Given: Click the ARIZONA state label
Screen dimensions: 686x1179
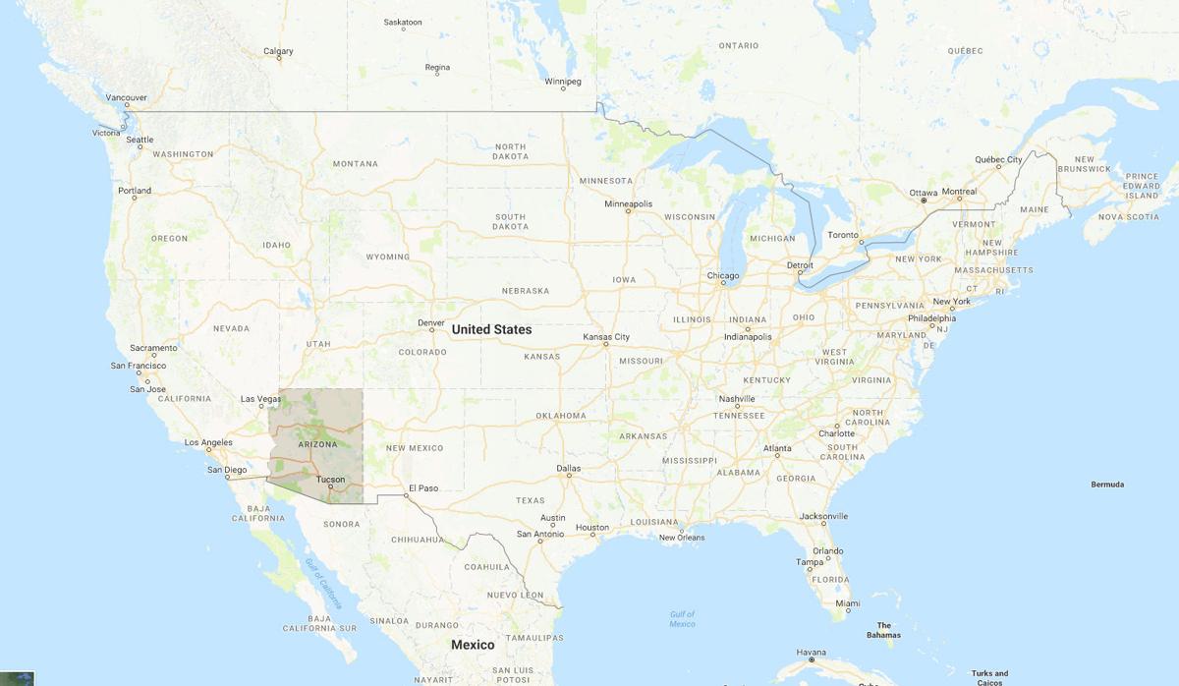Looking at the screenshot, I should (317, 444).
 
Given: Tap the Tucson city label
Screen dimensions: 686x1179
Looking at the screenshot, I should (330, 480).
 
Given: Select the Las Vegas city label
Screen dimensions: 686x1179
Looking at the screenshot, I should (261, 399).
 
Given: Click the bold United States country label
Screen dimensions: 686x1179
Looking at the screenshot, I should (491, 329).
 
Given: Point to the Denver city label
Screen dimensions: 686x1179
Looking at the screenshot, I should (431, 322).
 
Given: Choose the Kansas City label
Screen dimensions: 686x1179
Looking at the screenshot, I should (606, 337).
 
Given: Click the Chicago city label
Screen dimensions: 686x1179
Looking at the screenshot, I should (723, 276).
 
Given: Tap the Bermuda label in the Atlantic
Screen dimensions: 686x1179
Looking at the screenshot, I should (1107, 485).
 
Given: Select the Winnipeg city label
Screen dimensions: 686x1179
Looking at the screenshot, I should (564, 81).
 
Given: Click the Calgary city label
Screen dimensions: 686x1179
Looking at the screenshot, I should (278, 51).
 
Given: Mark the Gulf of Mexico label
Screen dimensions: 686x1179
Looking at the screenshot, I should (682, 619).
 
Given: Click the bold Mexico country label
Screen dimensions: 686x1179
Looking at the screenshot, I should (473, 645).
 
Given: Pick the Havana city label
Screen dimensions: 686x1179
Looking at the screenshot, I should (811, 653).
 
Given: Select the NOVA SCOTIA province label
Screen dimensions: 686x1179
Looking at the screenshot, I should (1129, 216).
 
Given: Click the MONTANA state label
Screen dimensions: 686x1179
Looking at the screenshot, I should (355, 163).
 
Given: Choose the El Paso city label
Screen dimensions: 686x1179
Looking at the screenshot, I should (423, 487).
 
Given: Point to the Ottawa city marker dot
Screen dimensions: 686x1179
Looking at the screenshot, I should (924, 200).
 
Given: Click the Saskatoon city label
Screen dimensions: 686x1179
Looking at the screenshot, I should (403, 22).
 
